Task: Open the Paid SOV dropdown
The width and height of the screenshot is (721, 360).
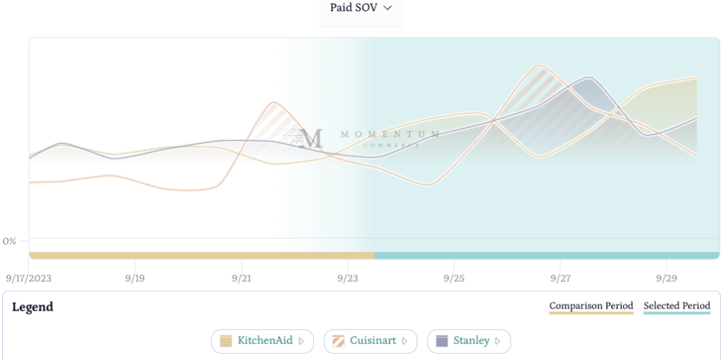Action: (360, 8)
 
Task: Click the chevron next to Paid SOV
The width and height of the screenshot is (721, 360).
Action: (387, 8)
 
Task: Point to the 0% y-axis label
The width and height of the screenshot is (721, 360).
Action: (10, 241)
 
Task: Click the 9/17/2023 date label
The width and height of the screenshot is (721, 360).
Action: (29, 278)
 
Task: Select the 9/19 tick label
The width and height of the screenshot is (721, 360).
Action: (134, 278)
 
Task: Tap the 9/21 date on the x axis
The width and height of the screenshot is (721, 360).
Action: (241, 278)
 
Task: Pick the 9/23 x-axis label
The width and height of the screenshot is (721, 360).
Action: (347, 278)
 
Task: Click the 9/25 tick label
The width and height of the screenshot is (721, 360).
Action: (453, 278)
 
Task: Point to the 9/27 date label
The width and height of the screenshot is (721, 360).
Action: (560, 278)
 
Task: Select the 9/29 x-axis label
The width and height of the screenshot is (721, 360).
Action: (666, 278)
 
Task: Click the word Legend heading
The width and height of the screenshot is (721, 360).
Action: (32, 307)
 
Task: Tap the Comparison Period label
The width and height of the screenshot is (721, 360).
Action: (591, 306)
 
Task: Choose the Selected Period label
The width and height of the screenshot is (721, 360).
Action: (677, 306)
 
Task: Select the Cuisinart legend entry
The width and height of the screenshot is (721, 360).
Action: (370, 341)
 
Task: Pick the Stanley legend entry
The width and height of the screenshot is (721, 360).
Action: (469, 341)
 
